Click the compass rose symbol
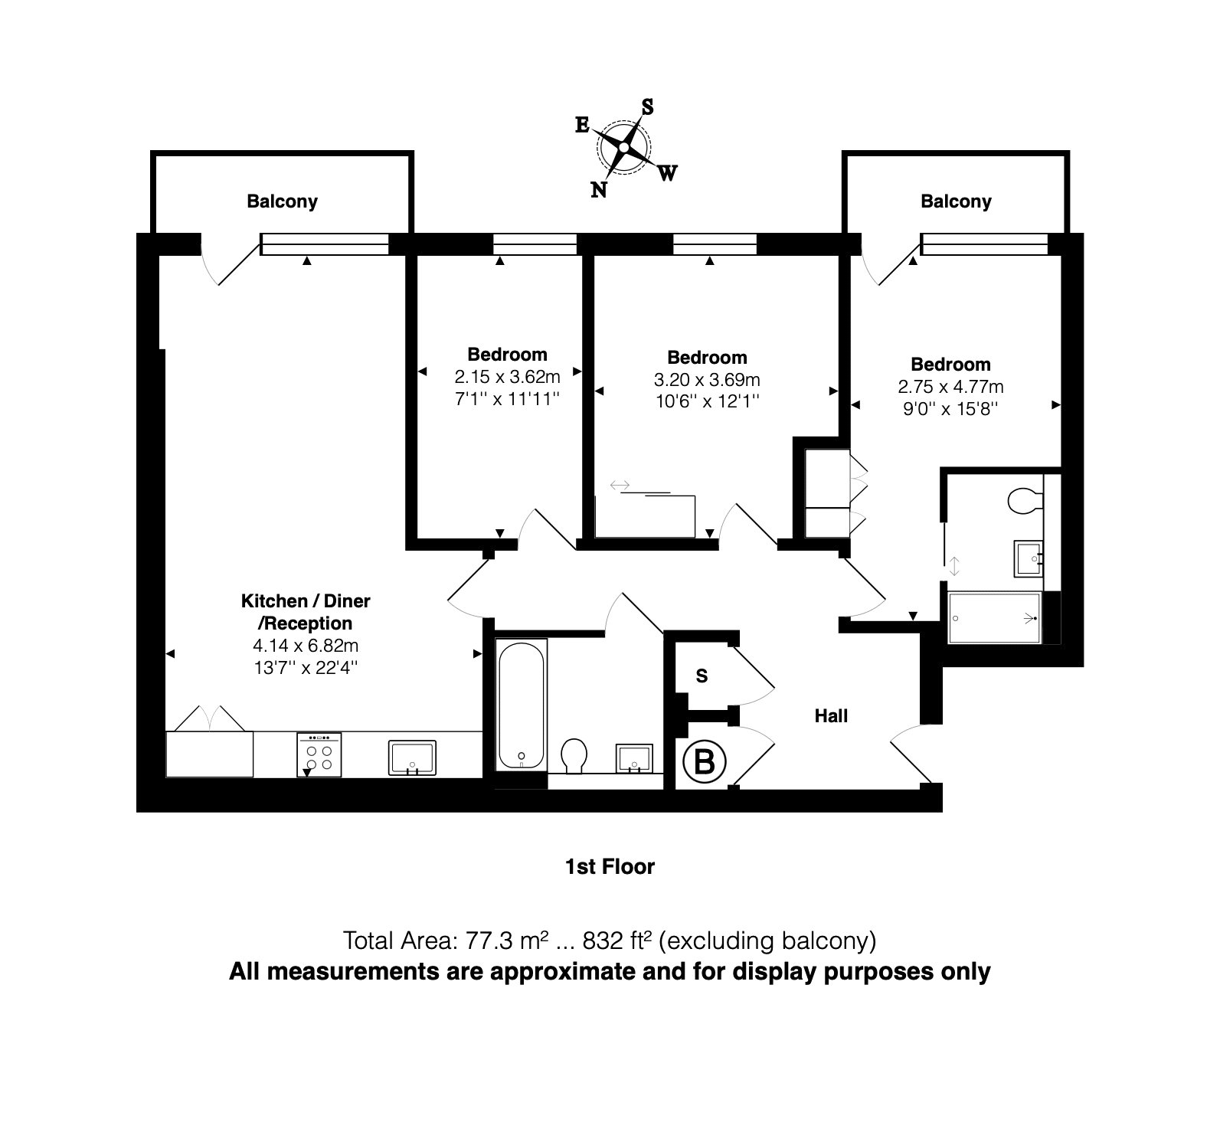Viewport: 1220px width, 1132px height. [625, 146]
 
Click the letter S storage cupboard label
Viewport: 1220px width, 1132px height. [702, 676]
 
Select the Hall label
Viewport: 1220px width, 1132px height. [831, 716]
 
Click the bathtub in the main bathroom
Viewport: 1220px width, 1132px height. [522, 704]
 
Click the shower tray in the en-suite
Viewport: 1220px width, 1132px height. [994, 617]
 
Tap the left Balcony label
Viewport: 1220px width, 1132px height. [282, 201]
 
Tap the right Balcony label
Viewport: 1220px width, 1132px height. [956, 201]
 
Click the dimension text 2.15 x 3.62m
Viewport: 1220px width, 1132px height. [507, 377]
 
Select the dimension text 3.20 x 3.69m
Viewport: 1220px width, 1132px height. [707, 380]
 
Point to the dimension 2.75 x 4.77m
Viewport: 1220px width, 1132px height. [950, 386]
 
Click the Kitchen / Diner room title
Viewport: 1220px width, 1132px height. [306, 601]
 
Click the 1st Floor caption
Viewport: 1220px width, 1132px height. [610, 867]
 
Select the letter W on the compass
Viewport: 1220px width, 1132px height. [667, 174]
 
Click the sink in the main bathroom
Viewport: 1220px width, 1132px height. [635, 757]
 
